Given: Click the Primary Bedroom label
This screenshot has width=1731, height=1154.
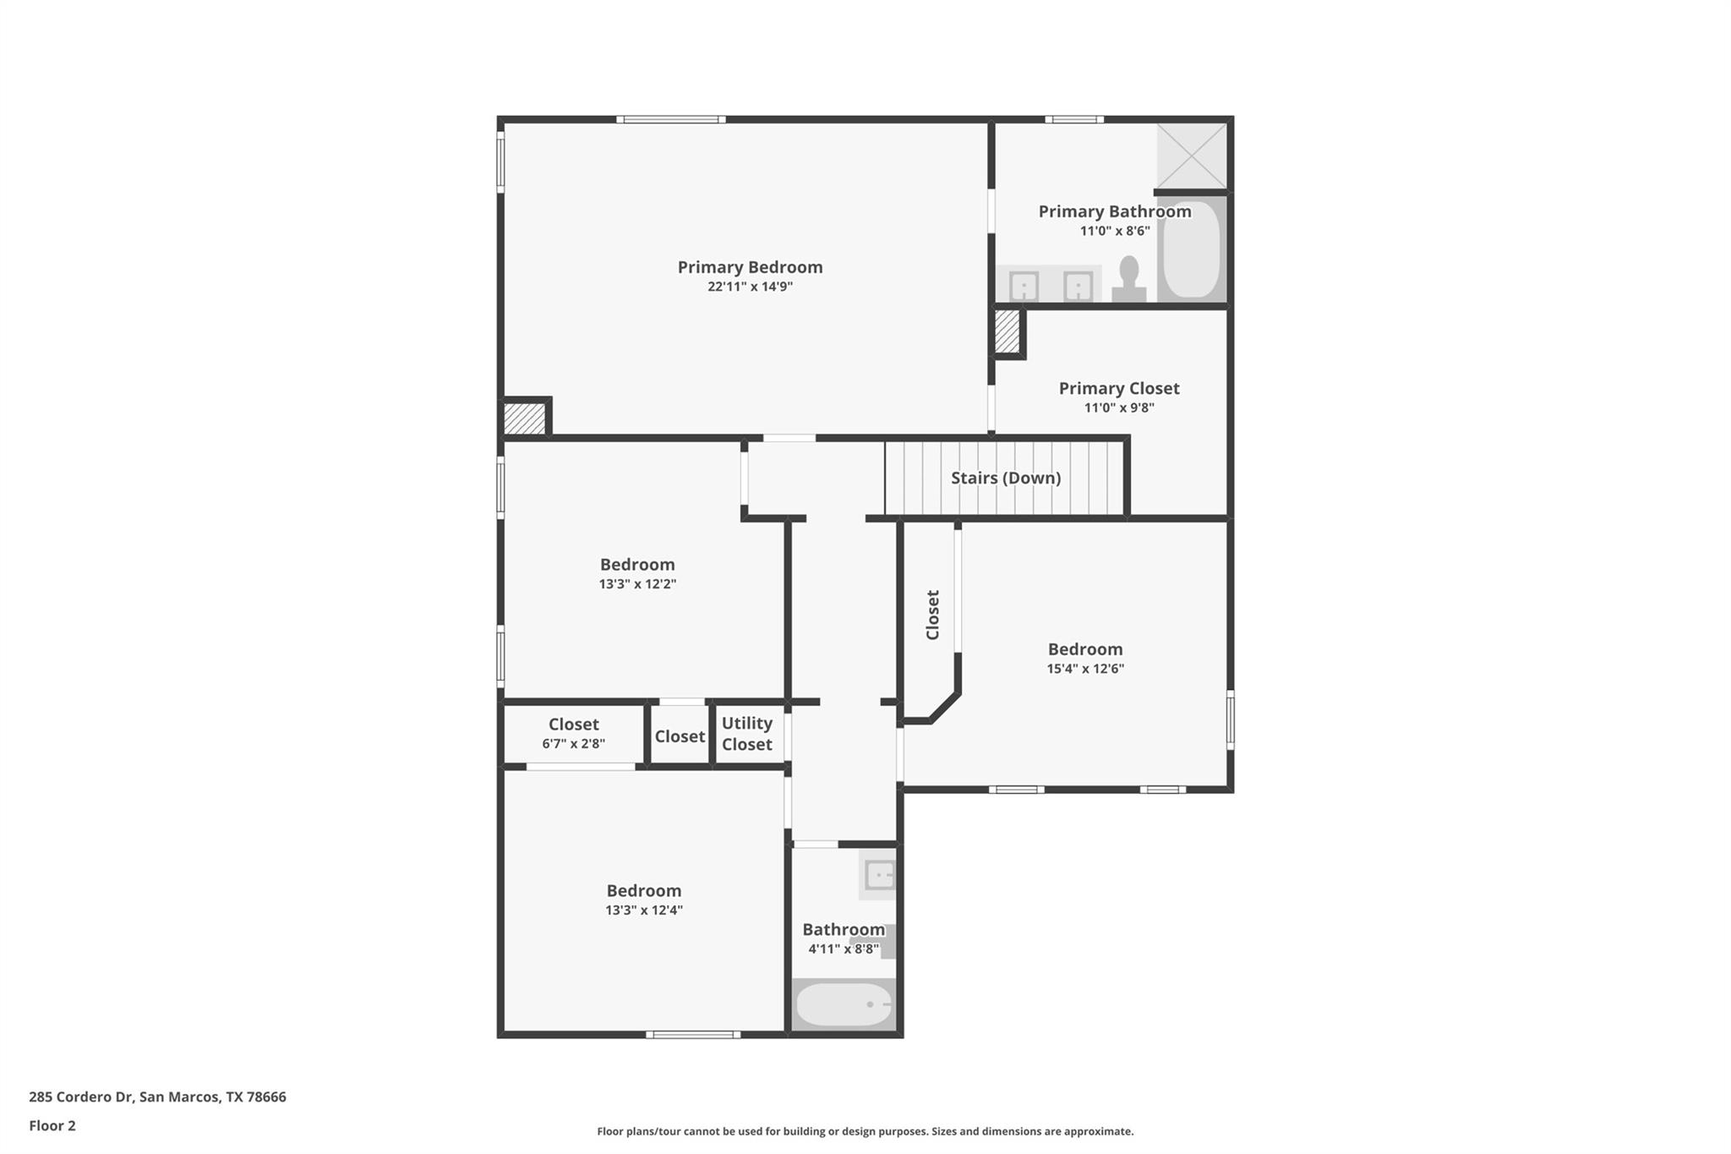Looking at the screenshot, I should [x=750, y=267].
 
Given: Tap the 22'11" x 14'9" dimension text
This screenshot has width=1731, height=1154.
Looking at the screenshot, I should [x=750, y=287].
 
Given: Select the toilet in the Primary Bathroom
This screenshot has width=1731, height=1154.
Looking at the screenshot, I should [x=1128, y=279].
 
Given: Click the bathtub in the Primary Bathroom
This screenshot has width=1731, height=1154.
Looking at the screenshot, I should [x=1191, y=249].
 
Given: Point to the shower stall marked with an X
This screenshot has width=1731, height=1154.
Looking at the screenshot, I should [x=1191, y=156].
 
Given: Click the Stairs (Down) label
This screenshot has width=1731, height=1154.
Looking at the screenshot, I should [x=1005, y=478].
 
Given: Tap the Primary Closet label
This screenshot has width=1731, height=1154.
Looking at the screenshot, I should [x=1118, y=388].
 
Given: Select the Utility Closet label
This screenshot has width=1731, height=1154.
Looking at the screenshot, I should [x=746, y=734].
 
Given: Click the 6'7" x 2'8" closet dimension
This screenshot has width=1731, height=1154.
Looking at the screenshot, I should [x=573, y=744].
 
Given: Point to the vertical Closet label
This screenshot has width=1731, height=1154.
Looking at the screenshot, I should [x=932, y=615].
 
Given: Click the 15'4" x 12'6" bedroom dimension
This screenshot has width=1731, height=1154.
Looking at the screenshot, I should [x=1084, y=669].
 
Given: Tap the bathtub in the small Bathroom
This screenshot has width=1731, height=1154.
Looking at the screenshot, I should [x=844, y=1004].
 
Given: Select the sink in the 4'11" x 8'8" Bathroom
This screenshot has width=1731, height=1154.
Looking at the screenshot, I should [x=879, y=875].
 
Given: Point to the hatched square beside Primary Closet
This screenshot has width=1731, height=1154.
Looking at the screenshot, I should [x=1006, y=331].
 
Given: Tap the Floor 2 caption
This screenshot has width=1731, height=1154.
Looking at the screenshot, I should [x=52, y=1125].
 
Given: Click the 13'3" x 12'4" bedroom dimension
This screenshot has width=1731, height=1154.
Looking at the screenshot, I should [x=643, y=911].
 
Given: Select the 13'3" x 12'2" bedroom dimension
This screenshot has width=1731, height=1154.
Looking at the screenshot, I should [x=637, y=584].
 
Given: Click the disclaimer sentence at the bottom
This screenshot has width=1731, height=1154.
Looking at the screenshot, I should [x=865, y=1131].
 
